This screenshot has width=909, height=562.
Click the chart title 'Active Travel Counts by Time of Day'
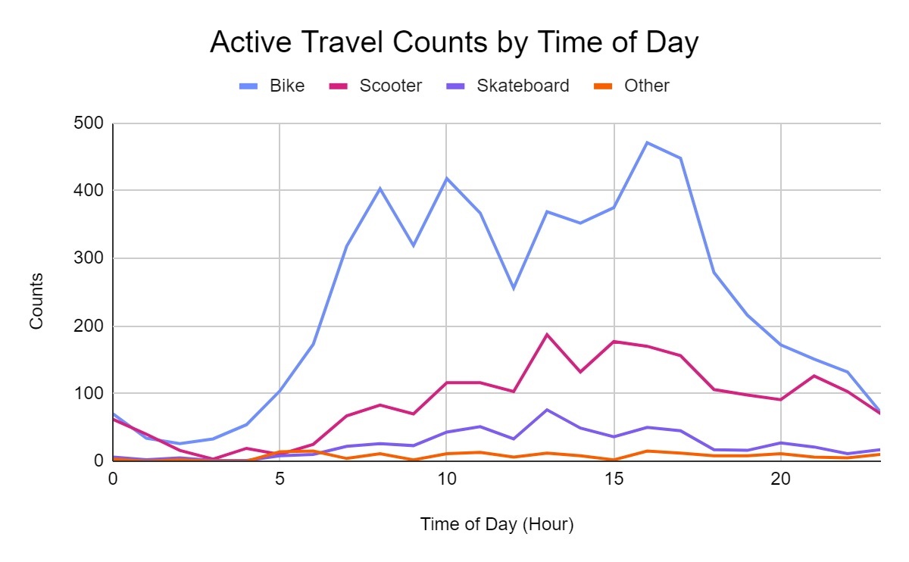coord(454,42)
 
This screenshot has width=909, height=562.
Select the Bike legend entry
coord(272,86)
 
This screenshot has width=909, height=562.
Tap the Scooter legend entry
coord(376,86)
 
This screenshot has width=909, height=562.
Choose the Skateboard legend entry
coord(508,86)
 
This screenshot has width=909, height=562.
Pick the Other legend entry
coord(632,86)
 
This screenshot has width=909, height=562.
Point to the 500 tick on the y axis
coord(89,123)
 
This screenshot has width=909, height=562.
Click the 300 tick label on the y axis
coord(89,258)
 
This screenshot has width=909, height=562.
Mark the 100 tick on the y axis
coord(89,393)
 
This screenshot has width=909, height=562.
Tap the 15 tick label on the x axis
coord(614,479)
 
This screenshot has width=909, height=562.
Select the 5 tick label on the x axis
coord(280,479)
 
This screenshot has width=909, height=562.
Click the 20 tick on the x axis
coord(781,479)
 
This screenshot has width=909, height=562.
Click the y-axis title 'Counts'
coord(36,301)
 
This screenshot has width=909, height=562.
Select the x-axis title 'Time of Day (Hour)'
coord(497,524)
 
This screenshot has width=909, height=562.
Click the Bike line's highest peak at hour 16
coord(647,143)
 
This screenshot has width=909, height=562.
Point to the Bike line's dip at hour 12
coord(514,289)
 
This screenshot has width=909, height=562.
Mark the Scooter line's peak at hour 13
coord(547,335)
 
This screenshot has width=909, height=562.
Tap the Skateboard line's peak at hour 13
coord(547,410)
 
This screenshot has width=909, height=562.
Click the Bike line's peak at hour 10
coord(447,178)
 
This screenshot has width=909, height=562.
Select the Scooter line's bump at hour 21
coord(814,376)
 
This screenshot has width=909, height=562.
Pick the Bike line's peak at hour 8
coord(380,189)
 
